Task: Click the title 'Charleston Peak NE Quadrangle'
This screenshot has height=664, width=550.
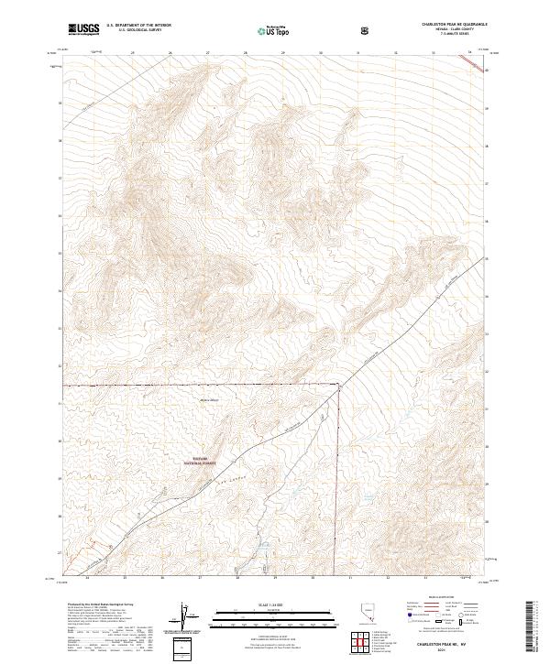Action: (455, 25)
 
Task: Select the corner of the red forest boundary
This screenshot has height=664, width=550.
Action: (339, 385)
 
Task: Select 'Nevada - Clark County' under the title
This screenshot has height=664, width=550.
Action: (455, 30)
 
